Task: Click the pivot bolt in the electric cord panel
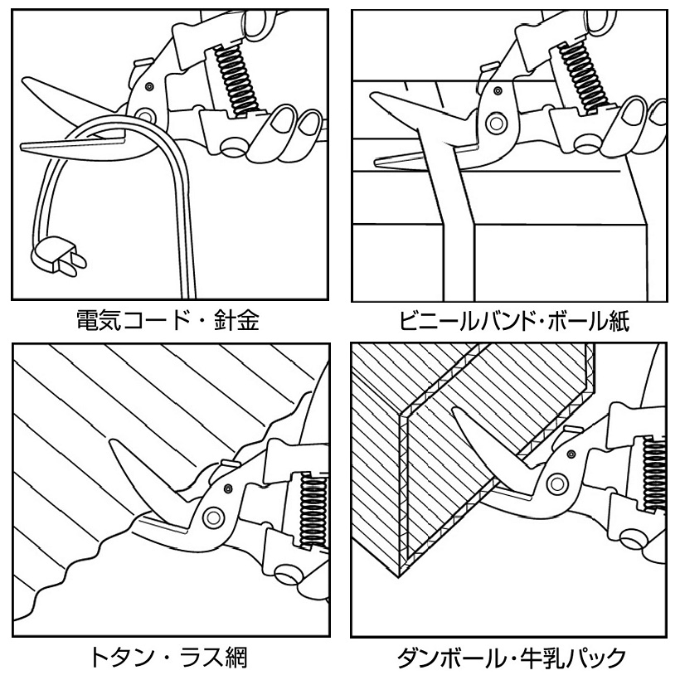tap(146, 114)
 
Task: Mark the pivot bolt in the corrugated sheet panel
tap(213, 517)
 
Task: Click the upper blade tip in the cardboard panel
tap(455, 410)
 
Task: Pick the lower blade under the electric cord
tap(75, 146)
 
